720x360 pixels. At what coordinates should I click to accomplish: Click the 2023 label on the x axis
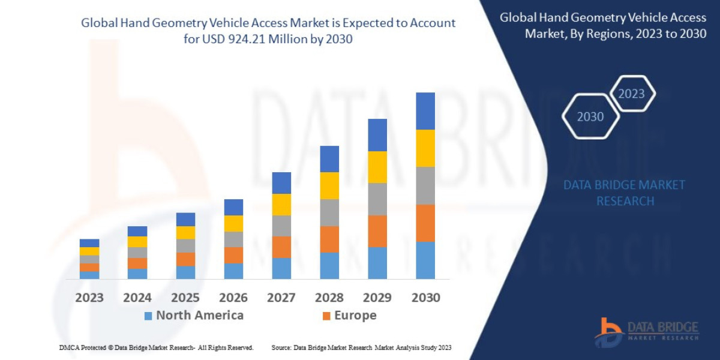click(x=89, y=298)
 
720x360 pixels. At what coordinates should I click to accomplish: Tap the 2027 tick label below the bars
click(x=281, y=298)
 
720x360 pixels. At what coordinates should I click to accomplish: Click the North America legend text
click(x=200, y=316)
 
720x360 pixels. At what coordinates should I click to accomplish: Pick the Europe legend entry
click(x=355, y=316)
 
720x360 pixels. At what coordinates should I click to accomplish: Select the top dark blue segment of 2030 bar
click(x=425, y=111)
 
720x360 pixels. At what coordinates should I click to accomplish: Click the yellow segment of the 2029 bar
click(x=377, y=167)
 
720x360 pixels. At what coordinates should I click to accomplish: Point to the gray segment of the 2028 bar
click(x=329, y=212)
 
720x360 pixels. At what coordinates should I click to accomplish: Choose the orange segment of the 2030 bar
click(x=425, y=223)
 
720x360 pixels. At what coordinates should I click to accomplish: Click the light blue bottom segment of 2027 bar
click(x=281, y=268)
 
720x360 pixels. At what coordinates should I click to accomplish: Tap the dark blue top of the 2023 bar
click(x=89, y=243)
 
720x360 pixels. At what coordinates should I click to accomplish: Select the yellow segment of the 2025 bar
click(x=185, y=233)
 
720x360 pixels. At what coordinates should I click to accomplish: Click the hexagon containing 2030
click(x=590, y=116)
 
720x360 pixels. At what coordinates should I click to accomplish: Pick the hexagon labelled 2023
click(x=631, y=94)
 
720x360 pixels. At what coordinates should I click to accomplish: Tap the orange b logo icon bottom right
click(x=608, y=332)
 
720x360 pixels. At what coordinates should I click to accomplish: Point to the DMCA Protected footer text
click(x=156, y=347)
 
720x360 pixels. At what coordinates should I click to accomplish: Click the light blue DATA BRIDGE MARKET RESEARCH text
click(x=624, y=193)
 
